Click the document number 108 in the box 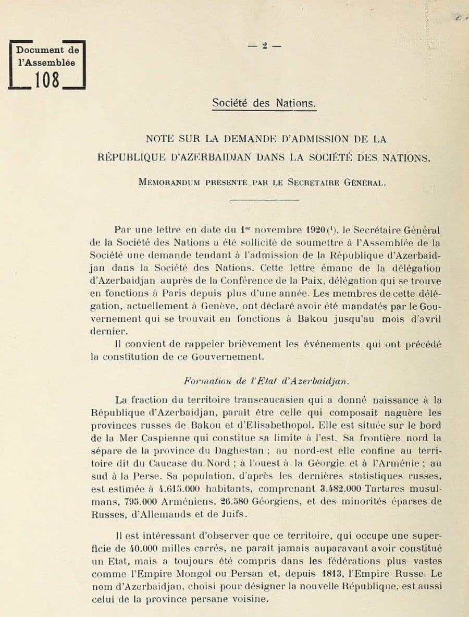(x=47, y=80)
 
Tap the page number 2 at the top (x=265, y=45)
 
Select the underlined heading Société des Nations (x=264, y=103)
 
